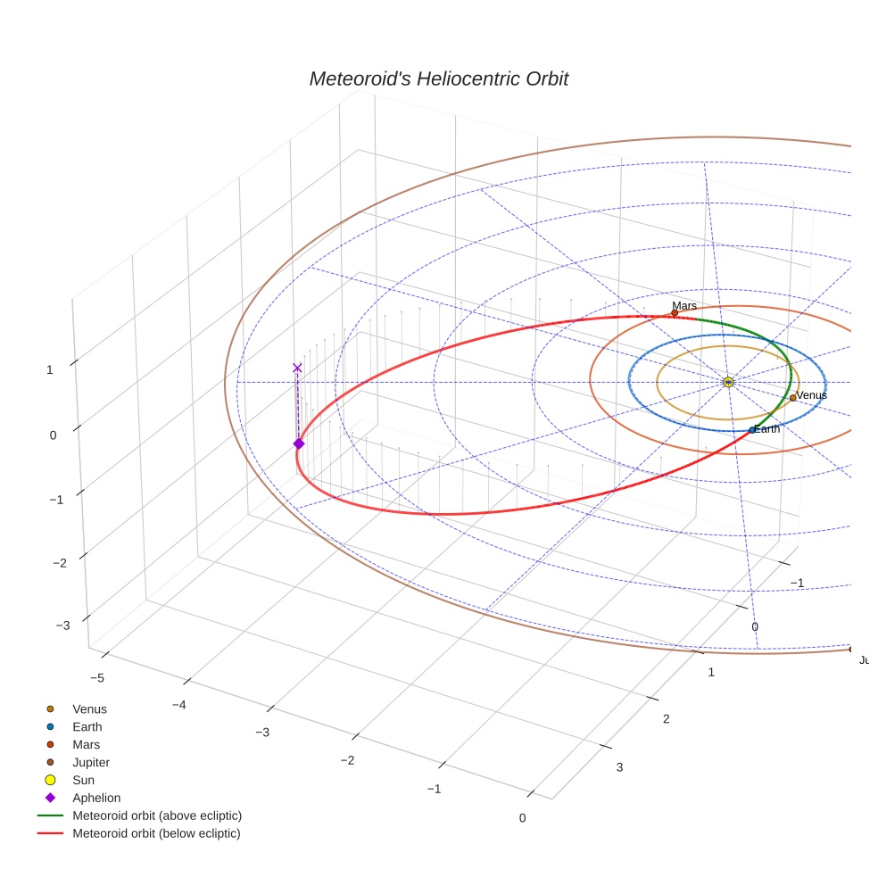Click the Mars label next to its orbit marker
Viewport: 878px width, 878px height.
684,306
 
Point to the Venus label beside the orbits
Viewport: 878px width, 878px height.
811,395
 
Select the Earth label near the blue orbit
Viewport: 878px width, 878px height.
766,429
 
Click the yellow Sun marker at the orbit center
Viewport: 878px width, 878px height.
728,382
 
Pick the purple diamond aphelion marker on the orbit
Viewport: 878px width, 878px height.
299,443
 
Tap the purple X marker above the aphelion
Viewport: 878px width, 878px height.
297,368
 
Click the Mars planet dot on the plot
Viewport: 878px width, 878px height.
675,313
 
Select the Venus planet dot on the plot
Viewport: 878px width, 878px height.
792,398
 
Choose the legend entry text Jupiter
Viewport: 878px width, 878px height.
91,762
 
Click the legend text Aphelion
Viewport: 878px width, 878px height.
96,798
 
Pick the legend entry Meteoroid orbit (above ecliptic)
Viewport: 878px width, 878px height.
157,816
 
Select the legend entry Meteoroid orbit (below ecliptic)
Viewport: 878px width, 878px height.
156,833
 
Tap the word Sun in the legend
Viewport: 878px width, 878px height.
83,780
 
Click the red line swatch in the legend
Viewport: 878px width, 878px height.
51,833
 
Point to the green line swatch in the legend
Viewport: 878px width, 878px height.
51,816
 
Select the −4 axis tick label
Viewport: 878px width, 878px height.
180,705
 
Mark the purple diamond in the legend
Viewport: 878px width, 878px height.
51,798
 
